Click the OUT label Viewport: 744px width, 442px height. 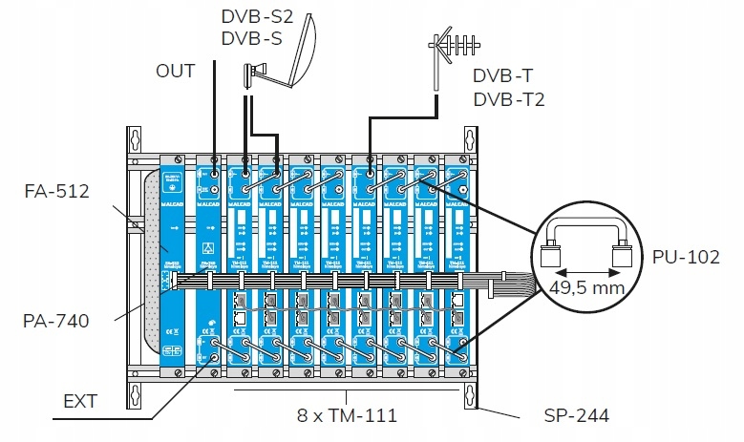[176, 71]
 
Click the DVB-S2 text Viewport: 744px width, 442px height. [255, 17]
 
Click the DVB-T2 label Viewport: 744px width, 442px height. [508, 98]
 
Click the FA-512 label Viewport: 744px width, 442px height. [56, 191]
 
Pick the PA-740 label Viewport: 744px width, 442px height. [56, 322]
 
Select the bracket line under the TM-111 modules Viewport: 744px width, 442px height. [347, 390]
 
